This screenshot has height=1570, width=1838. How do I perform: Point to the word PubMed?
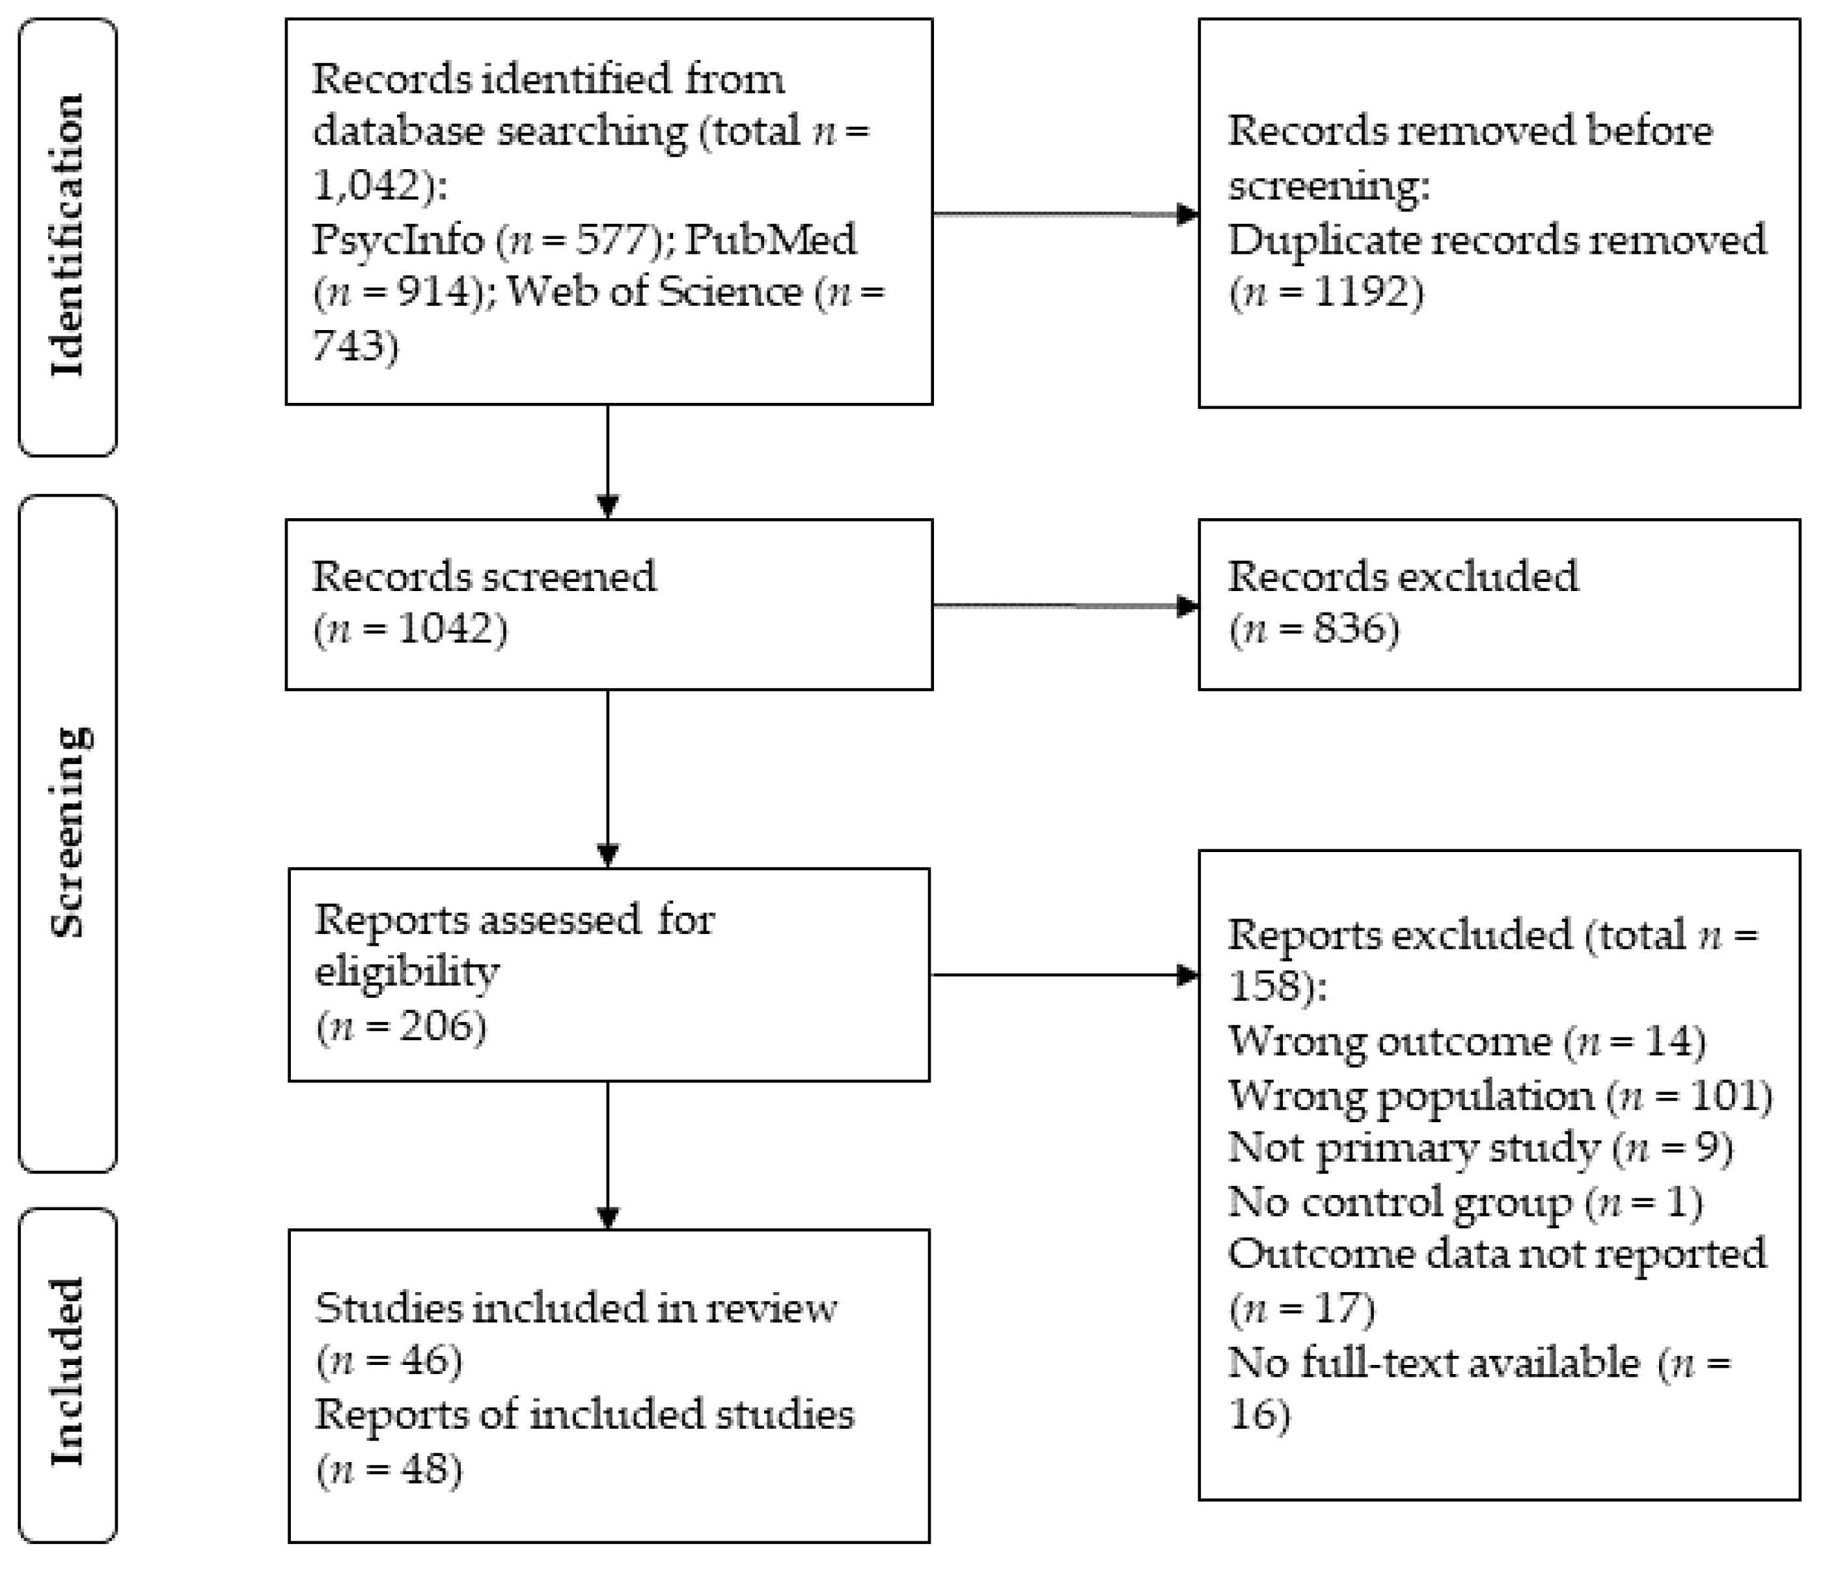[770, 240]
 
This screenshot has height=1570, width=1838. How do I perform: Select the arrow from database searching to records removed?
[1065, 213]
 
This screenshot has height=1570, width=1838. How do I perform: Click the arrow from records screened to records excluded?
[1065, 607]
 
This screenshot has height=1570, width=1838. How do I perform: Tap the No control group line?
[1464, 1202]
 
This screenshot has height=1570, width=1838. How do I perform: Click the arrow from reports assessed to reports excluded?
[1065, 975]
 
